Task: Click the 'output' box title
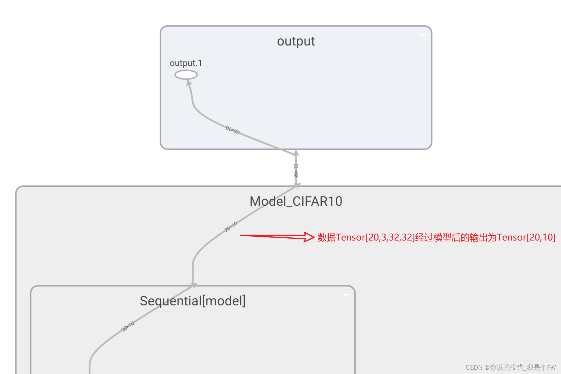[296, 41]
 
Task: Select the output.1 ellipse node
[186, 74]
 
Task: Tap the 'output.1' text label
[186, 63]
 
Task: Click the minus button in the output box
[423, 35]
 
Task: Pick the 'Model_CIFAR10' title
[296, 201]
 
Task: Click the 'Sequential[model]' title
[193, 301]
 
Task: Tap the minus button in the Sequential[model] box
[346, 295]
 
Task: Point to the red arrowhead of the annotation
[309, 237]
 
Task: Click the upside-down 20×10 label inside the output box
[233, 130]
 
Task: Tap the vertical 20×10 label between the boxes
[296, 170]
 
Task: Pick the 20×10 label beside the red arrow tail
[231, 227]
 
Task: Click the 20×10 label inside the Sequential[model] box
[128, 326]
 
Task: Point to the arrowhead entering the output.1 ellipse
[189, 82]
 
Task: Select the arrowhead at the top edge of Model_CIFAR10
[297, 185]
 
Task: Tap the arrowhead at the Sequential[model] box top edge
[194, 285]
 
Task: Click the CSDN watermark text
[510, 367]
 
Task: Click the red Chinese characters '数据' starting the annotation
[326, 237]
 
